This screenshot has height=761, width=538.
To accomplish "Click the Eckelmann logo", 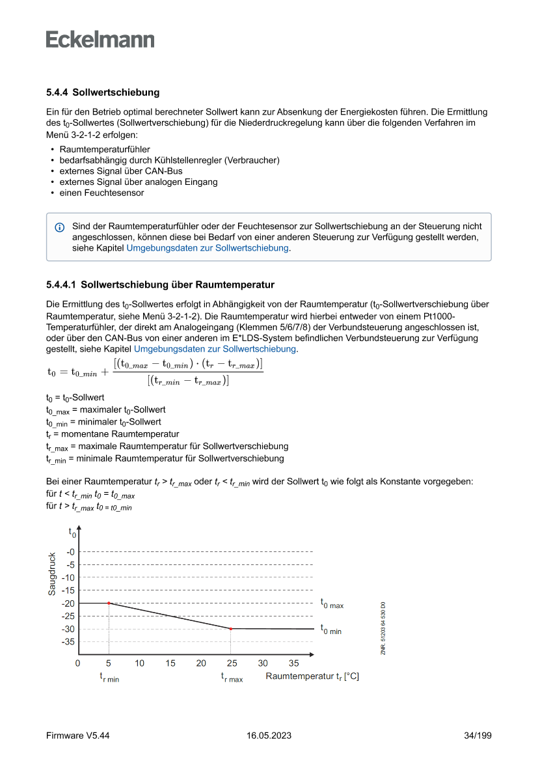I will click(x=100, y=40).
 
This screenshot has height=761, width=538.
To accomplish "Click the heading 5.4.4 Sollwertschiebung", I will click(x=103, y=92).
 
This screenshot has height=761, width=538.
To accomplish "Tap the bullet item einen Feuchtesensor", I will click(x=101, y=193).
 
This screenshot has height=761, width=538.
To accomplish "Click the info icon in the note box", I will click(x=60, y=227).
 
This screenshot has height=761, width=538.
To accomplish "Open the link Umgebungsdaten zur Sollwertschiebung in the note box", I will click(x=208, y=248).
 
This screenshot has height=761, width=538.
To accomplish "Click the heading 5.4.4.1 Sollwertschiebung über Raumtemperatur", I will click(x=160, y=284).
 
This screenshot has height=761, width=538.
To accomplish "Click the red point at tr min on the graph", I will click(x=109, y=603).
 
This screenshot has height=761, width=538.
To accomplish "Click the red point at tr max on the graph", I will click(x=231, y=629).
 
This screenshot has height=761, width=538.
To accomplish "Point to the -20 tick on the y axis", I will click(x=68, y=603).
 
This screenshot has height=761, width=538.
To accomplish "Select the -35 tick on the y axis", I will click(x=68, y=642).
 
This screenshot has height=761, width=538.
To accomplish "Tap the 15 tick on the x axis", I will click(x=170, y=663).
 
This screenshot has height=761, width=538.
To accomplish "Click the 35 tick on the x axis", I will click(x=294, y=663).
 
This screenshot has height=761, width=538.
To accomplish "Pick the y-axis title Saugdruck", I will click(x=52, y=574).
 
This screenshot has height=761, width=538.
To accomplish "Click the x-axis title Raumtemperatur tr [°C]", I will click(x=312, y=677).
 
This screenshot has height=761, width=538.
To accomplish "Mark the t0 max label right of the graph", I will click(x=332, y=604).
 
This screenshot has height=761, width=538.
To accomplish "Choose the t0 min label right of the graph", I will click(x=330, y=630).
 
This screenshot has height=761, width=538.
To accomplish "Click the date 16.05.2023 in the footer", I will click(x=269, y=736).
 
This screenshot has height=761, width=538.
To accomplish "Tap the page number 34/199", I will click(x=477, y=736).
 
